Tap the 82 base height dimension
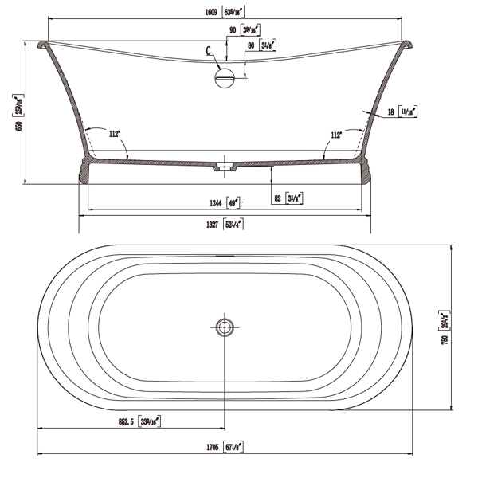click(x=276, y=197)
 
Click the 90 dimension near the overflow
click(x=233, y=31)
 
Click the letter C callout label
click(x=209, y=51)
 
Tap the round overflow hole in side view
click(x=225, y=77)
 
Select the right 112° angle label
click(x=336, y=135)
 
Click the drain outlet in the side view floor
click(x=226, y=167)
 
